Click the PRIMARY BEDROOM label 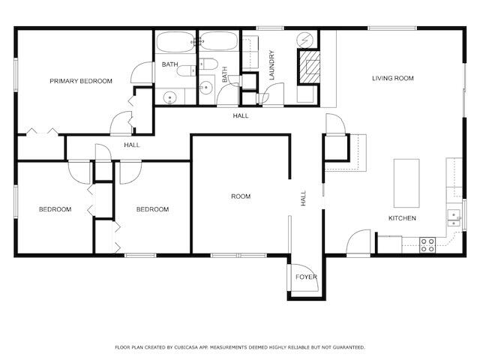click(81, 81)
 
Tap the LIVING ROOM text click(393, 78)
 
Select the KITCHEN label click(402, 218)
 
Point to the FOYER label click(306, 277)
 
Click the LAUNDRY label click(272, 65)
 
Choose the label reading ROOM click(241, 196)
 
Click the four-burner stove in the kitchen click(427, 244)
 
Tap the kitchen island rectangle click(407, 182)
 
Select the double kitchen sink click(453, 217)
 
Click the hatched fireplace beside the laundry click(308, 67)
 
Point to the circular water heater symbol click(306, 39)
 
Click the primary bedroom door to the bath click(140, 73)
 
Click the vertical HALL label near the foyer click(304, 199)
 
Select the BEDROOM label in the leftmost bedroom click(55, 209)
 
